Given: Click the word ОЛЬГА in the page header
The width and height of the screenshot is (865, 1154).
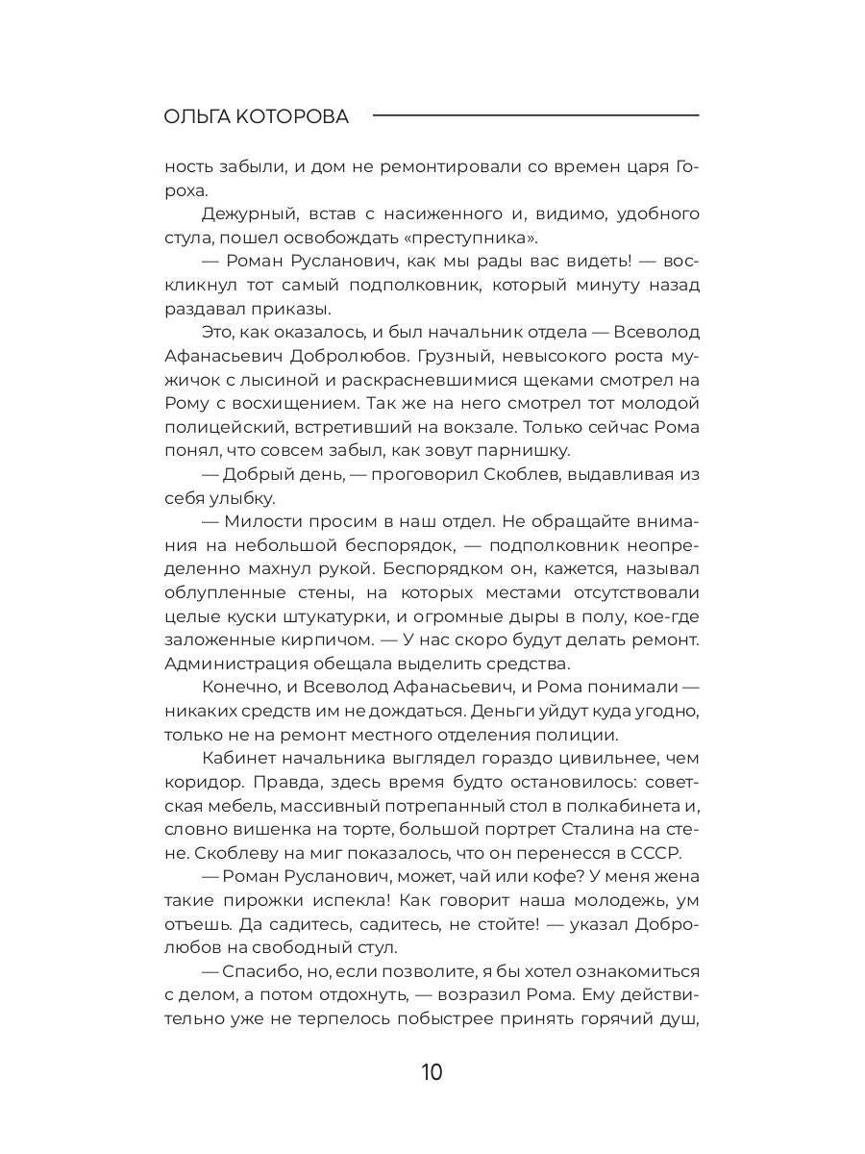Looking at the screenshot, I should click(x=199, y=116).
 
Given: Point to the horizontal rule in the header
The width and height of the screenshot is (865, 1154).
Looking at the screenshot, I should click(x=535, y=116).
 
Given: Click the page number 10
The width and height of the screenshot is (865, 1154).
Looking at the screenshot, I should click(x=432, y=1072).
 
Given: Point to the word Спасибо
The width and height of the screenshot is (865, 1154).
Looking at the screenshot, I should click(x=260, y=971).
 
